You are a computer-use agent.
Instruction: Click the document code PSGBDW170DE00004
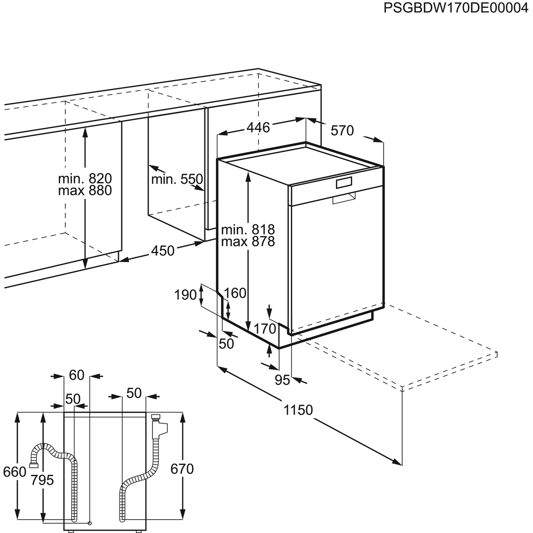pos(457,8)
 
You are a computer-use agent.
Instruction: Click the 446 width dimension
pos(258,127)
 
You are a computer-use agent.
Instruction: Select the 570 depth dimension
pos(342,131)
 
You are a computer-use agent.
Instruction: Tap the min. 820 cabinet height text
pos(85,179)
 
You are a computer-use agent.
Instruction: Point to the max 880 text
pos(85,191)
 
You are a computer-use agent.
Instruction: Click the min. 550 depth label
pos(177,179)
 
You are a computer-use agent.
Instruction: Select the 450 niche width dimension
pos(163,251)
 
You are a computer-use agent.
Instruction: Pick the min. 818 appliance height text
pos(248,230)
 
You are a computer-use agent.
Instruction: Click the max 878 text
pos(248,241)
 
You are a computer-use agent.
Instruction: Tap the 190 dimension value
pos(185,294)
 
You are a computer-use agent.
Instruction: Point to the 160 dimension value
pos(235,293)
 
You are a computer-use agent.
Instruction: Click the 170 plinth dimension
pos(265,329)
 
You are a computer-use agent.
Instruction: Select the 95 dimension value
pos(282,380)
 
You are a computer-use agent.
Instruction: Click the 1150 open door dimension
pos(298,410)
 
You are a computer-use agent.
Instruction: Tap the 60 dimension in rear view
pos(76,375)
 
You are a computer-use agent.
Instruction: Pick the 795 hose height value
pos(43,480)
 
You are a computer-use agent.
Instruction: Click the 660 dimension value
pos(15,472)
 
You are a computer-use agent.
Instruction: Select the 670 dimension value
pos(182,469)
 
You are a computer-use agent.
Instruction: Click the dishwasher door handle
pos(344,199)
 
